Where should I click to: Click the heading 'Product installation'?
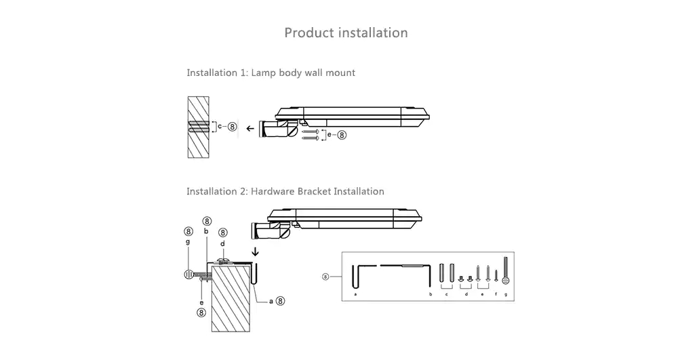pos(346,33)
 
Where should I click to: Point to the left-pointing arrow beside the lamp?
pos(250,127)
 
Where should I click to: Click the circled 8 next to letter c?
pos(233,126)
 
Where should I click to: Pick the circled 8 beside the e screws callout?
pos(342,135)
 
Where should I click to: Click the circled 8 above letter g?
pos(189,233)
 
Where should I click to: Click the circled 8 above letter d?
pos(222,233)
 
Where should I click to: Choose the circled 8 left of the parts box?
pos(326,277)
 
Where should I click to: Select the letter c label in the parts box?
pos(446,295)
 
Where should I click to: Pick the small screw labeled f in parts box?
pos(496,276)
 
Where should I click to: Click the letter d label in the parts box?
pos(466,295)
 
